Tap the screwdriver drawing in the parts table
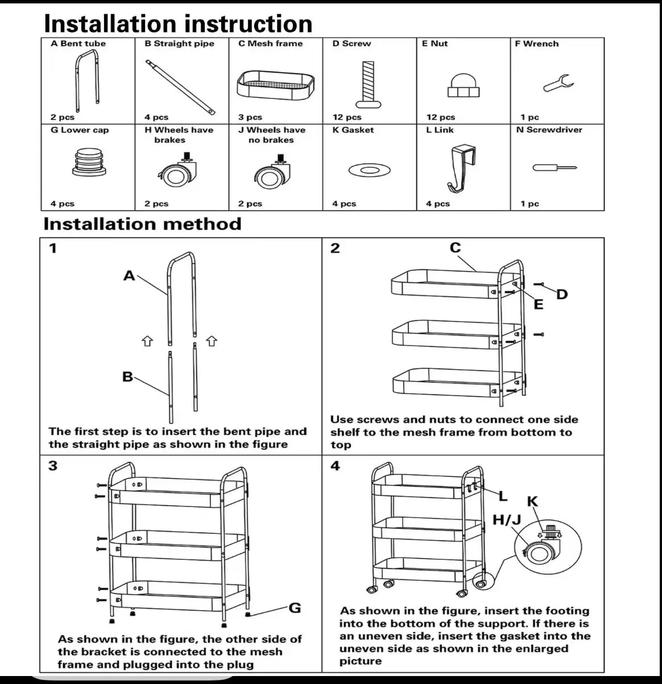(555, 168)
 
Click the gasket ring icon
(368, 170)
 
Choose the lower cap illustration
(88, 162)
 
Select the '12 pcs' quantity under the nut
(440, 117)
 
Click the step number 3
(53, 466)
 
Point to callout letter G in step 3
(295, 608)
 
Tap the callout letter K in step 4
(532, 501)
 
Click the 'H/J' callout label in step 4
(506, 520)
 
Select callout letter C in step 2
(455, 248)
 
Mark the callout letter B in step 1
(127, 377)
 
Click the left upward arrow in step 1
(147, 340)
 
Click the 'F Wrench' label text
(536, 44)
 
